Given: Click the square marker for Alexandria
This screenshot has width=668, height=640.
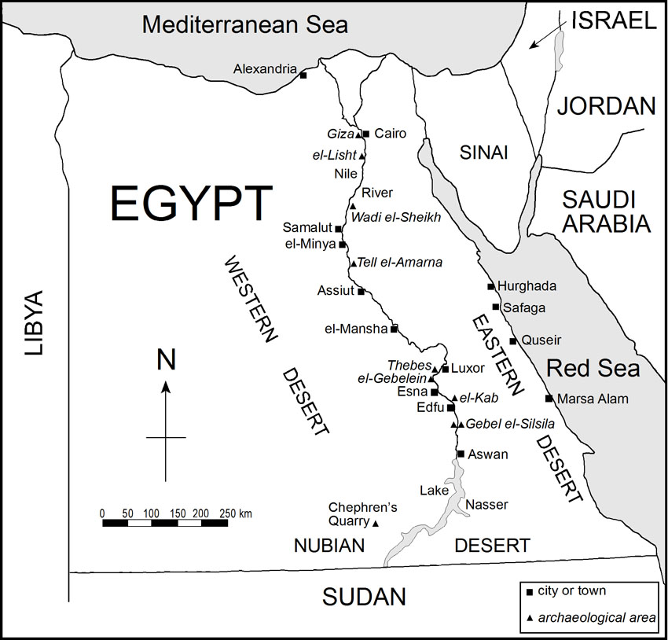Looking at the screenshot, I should (x=303, y=75).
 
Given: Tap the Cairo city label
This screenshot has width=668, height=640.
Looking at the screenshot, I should (x=391, y=134).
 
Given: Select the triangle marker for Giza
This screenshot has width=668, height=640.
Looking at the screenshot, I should (x=358, y=134).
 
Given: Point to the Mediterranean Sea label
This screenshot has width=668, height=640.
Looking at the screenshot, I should (x=244, y=24).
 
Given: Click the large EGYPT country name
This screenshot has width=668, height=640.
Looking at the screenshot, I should (x=191, y=204).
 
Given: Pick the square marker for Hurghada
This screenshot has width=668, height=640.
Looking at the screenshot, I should (x=490, y=286).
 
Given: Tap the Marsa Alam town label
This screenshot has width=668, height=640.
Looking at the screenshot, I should (x=593, y=399).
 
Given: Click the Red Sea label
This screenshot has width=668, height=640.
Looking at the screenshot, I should (x=593, y=368).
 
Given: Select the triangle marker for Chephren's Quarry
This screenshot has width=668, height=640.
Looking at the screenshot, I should (x=375, y=524).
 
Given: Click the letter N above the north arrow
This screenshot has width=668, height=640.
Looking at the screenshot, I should (x=166, y=360).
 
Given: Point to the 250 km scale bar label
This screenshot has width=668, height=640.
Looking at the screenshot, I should (x=235, y=513).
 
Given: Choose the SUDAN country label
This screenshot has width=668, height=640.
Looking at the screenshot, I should (x=364, y=597).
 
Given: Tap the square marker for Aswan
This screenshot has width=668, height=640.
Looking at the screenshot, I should (x=461, y=454).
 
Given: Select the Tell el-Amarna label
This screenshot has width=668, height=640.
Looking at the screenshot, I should (x=399, y=262).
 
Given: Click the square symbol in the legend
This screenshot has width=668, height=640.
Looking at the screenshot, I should (x=529, y=591).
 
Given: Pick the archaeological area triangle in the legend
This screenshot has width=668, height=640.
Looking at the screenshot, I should (x=529, y=618).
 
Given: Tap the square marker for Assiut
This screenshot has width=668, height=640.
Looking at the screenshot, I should (x=361, y=291).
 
